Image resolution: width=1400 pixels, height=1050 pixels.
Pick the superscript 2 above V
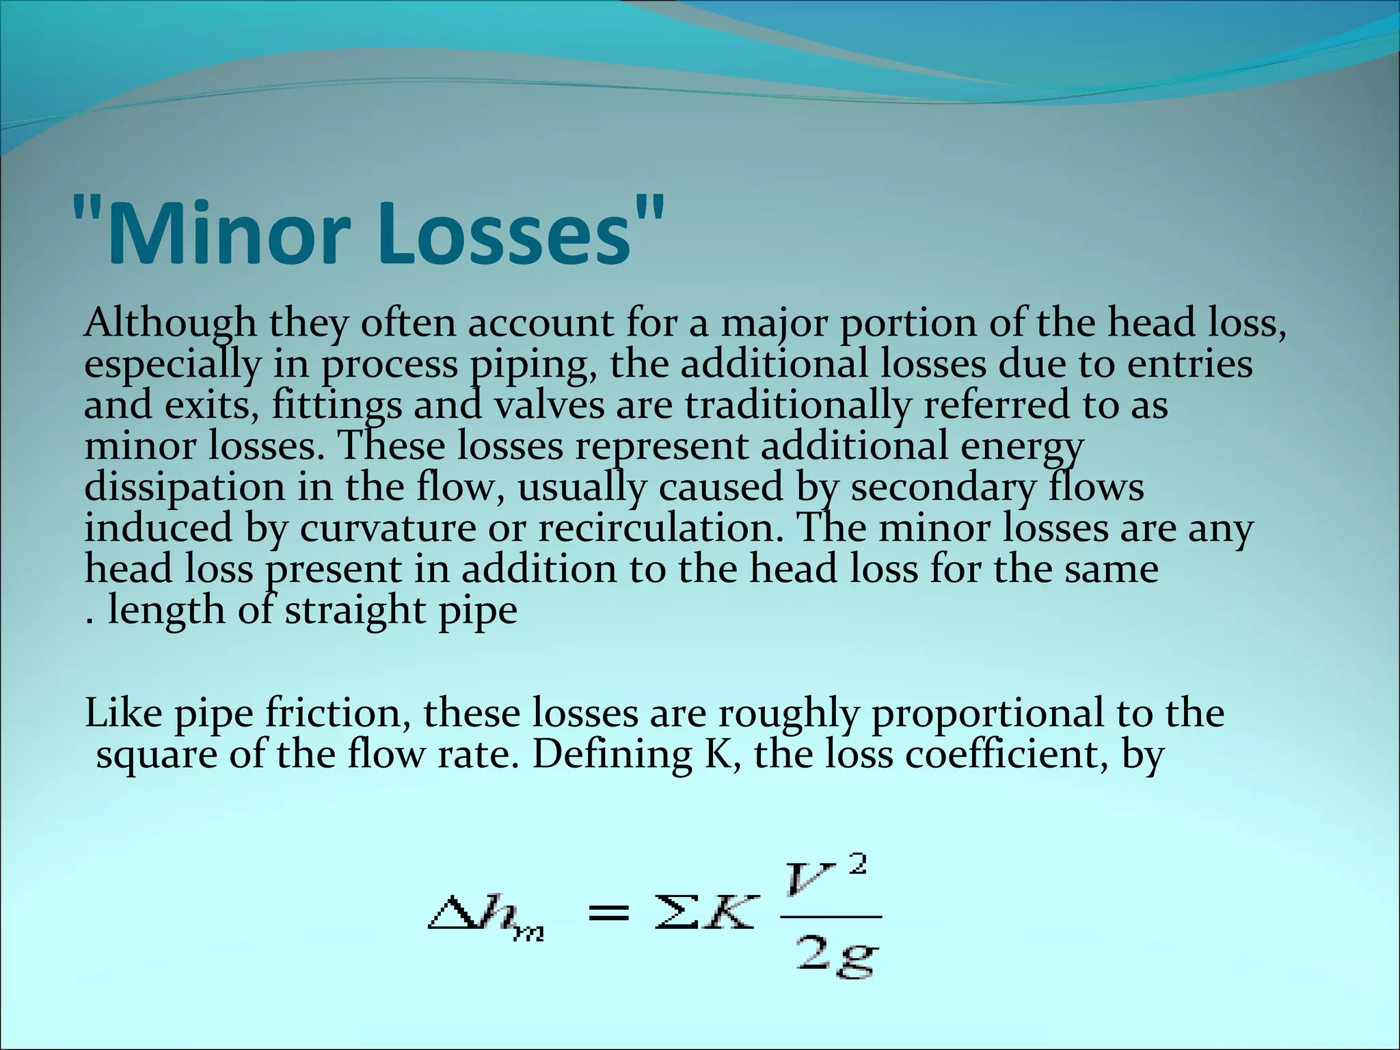[x=859, y=865]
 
